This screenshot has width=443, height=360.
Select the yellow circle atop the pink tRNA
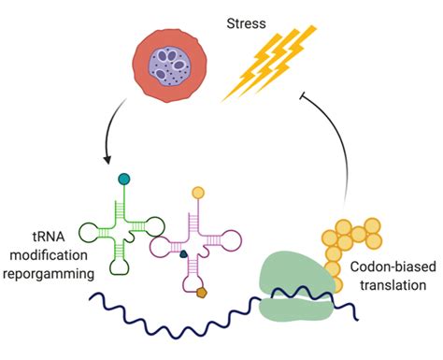point(197,194)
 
